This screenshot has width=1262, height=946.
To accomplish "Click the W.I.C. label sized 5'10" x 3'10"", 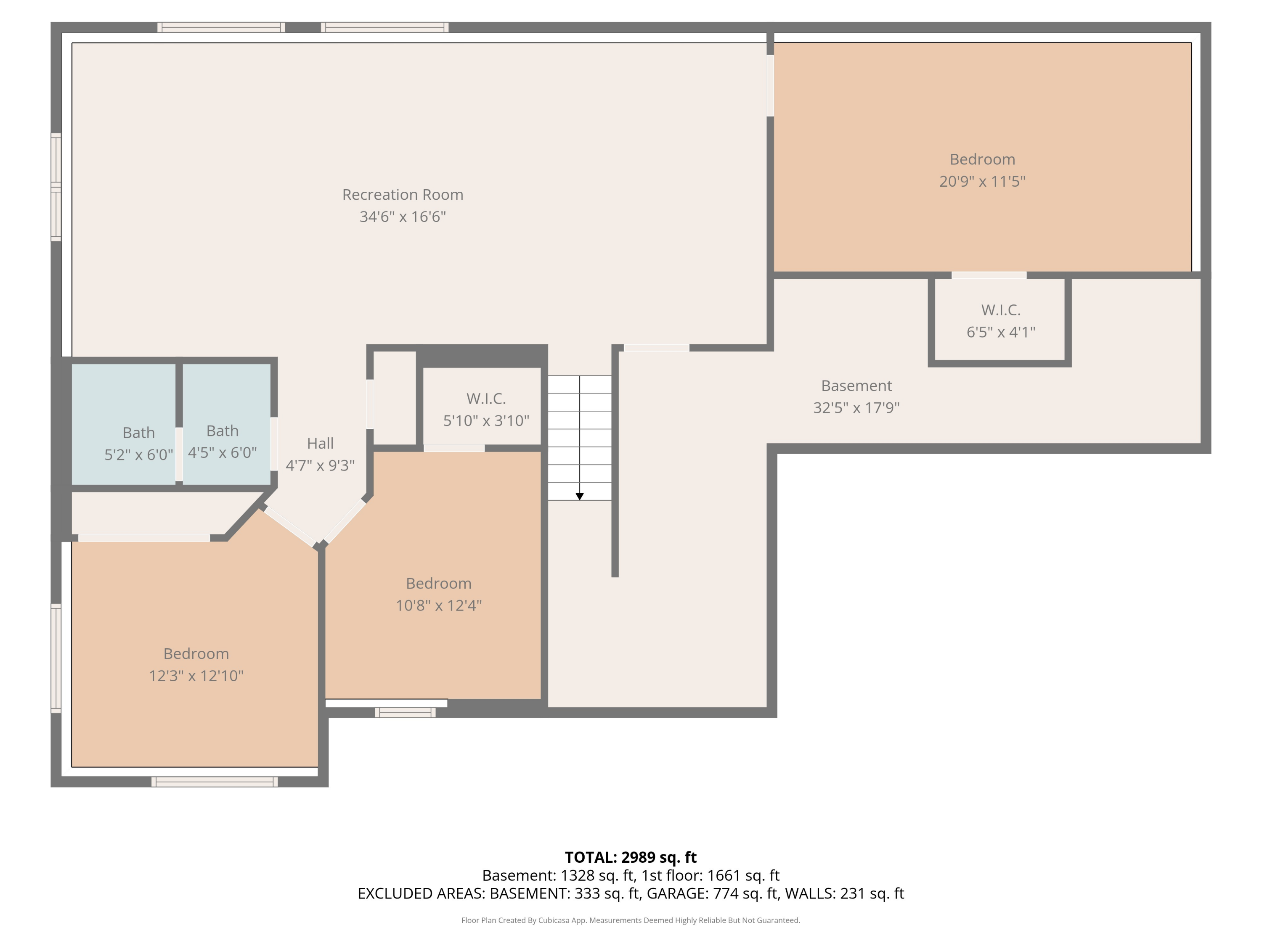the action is (486, 398).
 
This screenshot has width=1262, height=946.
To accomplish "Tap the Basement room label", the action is (856, 386).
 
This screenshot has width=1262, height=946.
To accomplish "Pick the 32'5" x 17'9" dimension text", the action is (856, 408).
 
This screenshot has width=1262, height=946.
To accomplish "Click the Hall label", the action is (320, 443).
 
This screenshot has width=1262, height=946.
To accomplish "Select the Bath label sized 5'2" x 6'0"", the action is (139, 433).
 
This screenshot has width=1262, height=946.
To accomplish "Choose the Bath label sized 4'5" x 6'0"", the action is (222, 431).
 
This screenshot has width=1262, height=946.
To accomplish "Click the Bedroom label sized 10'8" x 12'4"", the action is (439, 583).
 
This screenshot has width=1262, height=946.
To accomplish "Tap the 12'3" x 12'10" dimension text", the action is (196, 676).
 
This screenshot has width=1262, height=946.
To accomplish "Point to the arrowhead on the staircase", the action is (580, 497).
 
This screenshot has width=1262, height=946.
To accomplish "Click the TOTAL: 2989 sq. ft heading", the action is (631, 858).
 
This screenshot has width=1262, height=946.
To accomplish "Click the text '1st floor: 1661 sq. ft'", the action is (711, 875).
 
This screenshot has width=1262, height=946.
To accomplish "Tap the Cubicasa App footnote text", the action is (631, 920).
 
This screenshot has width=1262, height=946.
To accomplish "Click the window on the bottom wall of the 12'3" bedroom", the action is (215, 782).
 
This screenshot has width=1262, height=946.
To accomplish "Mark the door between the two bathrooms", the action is (179, 455).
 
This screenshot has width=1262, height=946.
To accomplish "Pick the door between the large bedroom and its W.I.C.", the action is (989, 275).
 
